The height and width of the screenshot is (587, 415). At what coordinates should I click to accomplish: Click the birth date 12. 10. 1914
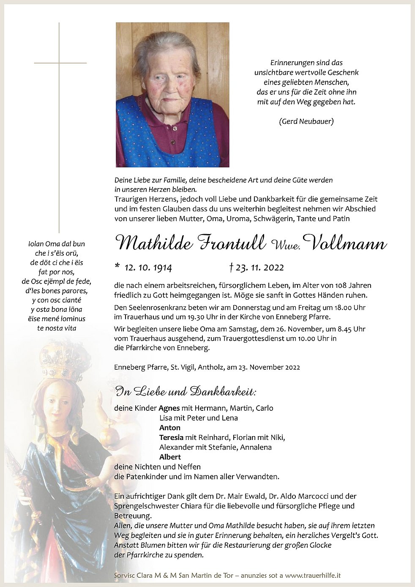pos(148,268)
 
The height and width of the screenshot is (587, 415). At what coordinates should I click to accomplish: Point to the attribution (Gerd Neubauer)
pos(306,122)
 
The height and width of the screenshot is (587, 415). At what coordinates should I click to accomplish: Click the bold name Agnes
pos(169,408)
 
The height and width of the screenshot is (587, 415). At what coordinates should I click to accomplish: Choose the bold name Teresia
pos(171,437)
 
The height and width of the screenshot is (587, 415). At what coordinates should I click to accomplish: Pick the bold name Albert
pos(170,457)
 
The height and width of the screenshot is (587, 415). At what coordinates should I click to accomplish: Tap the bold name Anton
pos(170,428)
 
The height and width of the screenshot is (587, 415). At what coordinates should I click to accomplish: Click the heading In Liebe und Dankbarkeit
pos(186,392)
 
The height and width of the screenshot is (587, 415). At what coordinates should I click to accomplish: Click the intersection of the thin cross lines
pos(59,63)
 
